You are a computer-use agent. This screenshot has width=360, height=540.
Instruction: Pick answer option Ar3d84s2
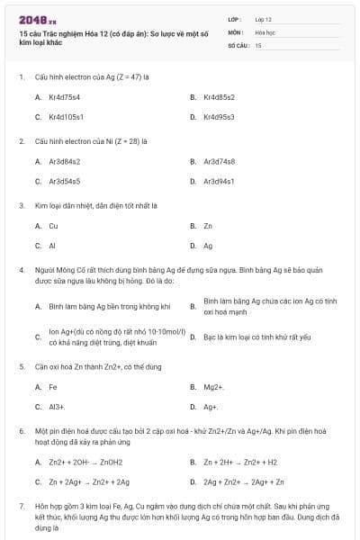coord(65,161)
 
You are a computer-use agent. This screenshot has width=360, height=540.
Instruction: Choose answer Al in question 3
coord(52,246)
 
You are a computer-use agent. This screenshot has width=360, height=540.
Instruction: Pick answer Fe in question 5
coord(52,387)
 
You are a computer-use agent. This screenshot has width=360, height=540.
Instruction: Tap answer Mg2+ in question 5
coord(213,387)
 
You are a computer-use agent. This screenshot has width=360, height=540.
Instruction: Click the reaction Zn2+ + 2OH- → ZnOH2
coord(82,462)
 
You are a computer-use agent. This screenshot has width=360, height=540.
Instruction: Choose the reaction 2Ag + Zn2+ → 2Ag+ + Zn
coord(244,481)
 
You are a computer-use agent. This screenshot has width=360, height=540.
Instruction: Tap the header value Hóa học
coord(265,31)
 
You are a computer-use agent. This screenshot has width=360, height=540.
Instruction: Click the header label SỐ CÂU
coord(237,44)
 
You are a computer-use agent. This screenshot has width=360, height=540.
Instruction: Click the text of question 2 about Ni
coord(90,141)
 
